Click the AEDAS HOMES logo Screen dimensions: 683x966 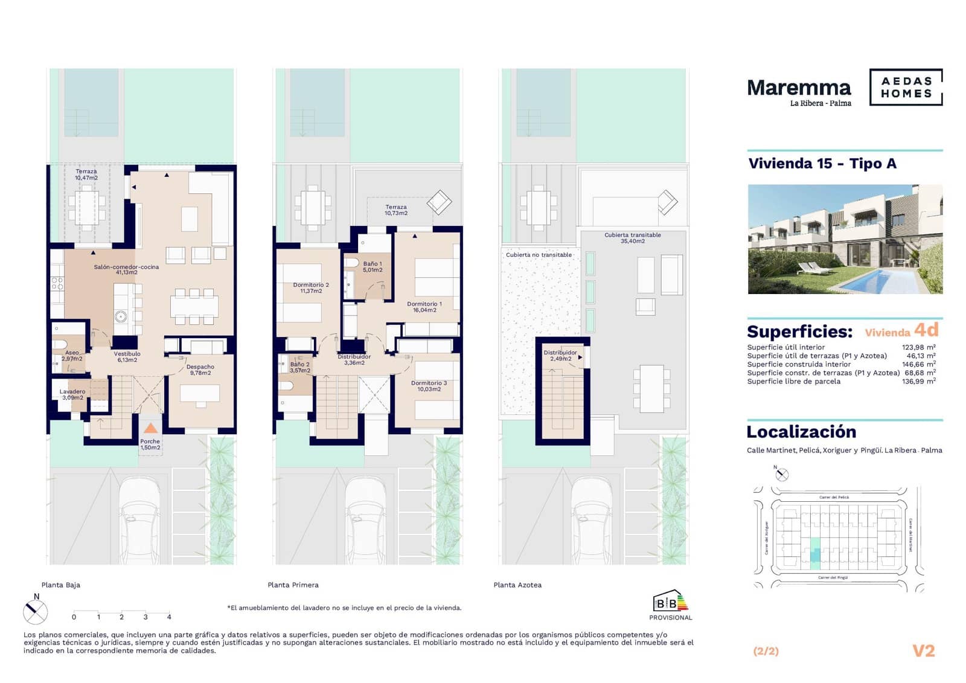906,88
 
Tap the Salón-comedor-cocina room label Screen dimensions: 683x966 126,269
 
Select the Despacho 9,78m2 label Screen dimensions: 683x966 200,370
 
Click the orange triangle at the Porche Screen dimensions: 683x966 150,428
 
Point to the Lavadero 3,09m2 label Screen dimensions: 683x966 72,394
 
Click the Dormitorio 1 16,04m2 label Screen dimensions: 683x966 424,307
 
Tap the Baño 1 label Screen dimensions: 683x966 373,266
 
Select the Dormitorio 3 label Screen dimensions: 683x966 429,386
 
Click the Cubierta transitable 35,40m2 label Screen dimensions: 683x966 632,238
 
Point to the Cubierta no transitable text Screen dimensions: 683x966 539,255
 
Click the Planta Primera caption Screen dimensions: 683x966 293,585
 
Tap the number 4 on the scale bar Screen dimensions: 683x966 169,617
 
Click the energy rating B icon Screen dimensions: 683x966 670,602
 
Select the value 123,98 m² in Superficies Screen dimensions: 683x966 918,347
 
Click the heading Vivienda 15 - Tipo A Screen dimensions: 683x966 822,164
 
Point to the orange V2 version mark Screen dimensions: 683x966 923,650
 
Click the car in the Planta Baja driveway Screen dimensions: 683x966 142,519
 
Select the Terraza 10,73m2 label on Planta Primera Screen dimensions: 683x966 396,210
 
